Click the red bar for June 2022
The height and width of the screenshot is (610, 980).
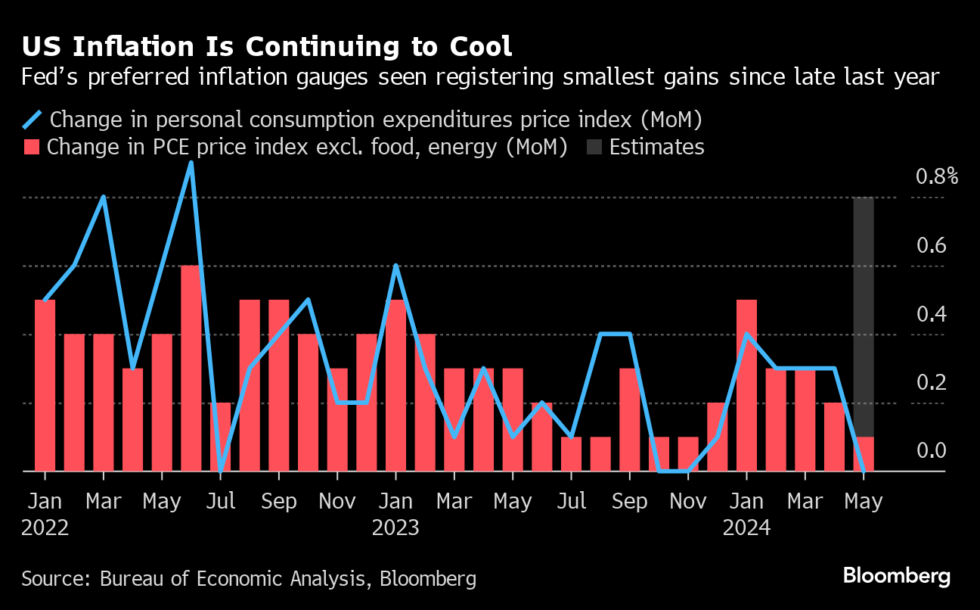(191, 368)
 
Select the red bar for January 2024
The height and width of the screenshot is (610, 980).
(746, 385)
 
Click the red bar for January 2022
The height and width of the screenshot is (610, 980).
(45, 385)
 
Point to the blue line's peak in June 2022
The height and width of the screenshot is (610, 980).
(191, 163)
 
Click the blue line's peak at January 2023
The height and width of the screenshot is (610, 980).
(395, 266)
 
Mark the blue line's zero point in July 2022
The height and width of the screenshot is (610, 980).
(220, 471)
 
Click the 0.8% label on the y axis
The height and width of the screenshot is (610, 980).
(936, 177)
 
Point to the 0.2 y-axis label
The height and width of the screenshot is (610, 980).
(931, 382)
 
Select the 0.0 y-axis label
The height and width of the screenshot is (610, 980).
(931, 451)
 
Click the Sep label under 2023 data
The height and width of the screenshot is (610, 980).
(629, 502)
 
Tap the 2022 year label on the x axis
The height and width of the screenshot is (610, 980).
(45, 528)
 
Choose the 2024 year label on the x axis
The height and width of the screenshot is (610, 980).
(746, 528)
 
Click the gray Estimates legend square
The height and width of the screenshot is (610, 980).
(594, 147)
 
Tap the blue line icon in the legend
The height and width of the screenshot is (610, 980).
(33, 120)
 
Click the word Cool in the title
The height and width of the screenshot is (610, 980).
(481, 47)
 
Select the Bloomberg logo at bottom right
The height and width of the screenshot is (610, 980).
(897, 576)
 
